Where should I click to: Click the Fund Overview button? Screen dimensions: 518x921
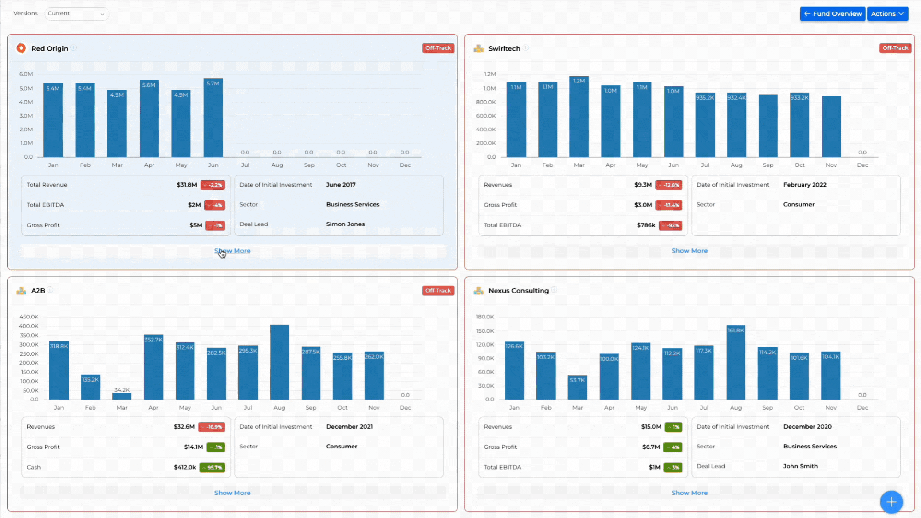pyautogui.click(x=832, y=14)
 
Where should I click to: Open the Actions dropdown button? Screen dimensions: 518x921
pyautogui.click(x=887, y=14)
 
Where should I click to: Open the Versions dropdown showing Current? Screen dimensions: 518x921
pyautogui.click(x=76, y=14)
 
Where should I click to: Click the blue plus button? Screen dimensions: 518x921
pyautogui.click(x=891, y=502)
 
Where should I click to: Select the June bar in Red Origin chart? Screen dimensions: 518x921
pyautogui.click(x=213, y=120)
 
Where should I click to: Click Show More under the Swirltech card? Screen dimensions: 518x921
pyautogui.click(x=689, y=251)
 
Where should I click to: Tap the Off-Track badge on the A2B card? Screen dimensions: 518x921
pyautogui.click(x=438, y=291)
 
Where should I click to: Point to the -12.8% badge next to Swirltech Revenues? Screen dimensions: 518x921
pyautogui.click(x=669, y=185)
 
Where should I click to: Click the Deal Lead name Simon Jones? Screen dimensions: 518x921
pyautogui.click(x=345, y=224)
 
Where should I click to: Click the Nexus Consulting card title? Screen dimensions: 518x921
pyautogui.click(x=518, y=291)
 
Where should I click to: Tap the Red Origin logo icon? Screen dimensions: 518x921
pyautogui.click(x=21, y=48)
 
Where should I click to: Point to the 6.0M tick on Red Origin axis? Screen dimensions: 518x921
pyautogui.click(x=26, y=74)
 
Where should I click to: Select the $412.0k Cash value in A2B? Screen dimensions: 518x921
pyautogui.click(x=185, y=467)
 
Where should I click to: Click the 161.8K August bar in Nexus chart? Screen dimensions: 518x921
pyautogui.click(x=735, y=365)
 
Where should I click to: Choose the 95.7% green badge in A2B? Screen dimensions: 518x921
pyautogui.click(x=212, y=468)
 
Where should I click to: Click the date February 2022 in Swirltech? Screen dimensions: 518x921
pyautogui.click(x=804, y=185)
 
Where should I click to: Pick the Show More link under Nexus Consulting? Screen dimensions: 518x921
pyautogui.click(x=689, y=493)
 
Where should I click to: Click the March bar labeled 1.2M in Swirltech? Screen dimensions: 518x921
pyautogui.click(x=579, y=118)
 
